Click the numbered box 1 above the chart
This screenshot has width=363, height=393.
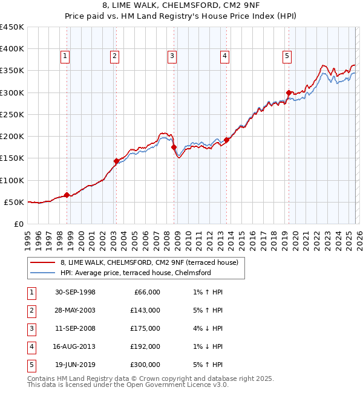coord(65,57)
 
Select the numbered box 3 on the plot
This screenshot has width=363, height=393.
coord(172,57)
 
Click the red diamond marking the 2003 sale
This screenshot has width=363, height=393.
coord(116,161)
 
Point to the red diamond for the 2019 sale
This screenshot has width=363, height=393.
coord(289,93)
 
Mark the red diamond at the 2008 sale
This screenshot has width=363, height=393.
coord(174,147)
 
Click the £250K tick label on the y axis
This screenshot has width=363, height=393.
coord(12,114)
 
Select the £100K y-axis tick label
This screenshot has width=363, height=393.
coord(12,180)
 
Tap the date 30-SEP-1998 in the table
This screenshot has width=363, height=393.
coord(74,292)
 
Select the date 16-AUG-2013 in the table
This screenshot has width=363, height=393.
coord(74,346)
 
